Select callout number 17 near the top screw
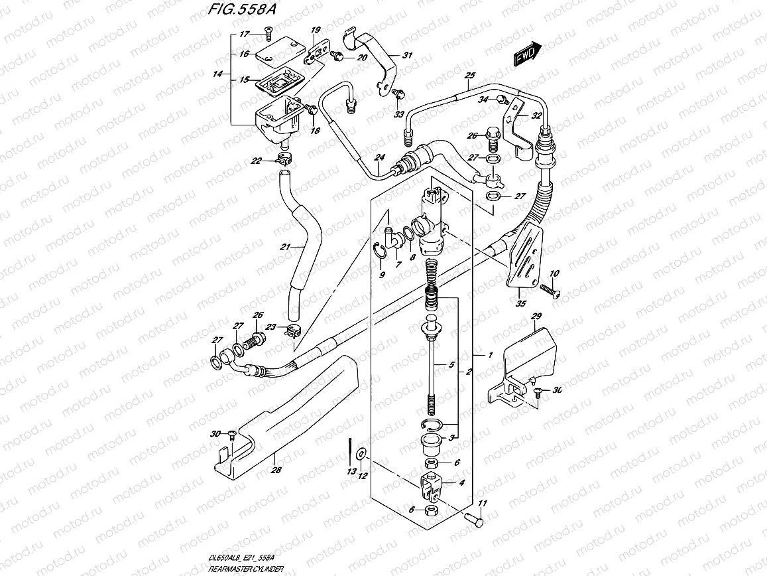[244, 35]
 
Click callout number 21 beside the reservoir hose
[286, 248]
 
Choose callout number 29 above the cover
[537, 317]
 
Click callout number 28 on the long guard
[276, 470]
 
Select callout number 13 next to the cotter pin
[351, 470]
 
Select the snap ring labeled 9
[381, 250]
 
